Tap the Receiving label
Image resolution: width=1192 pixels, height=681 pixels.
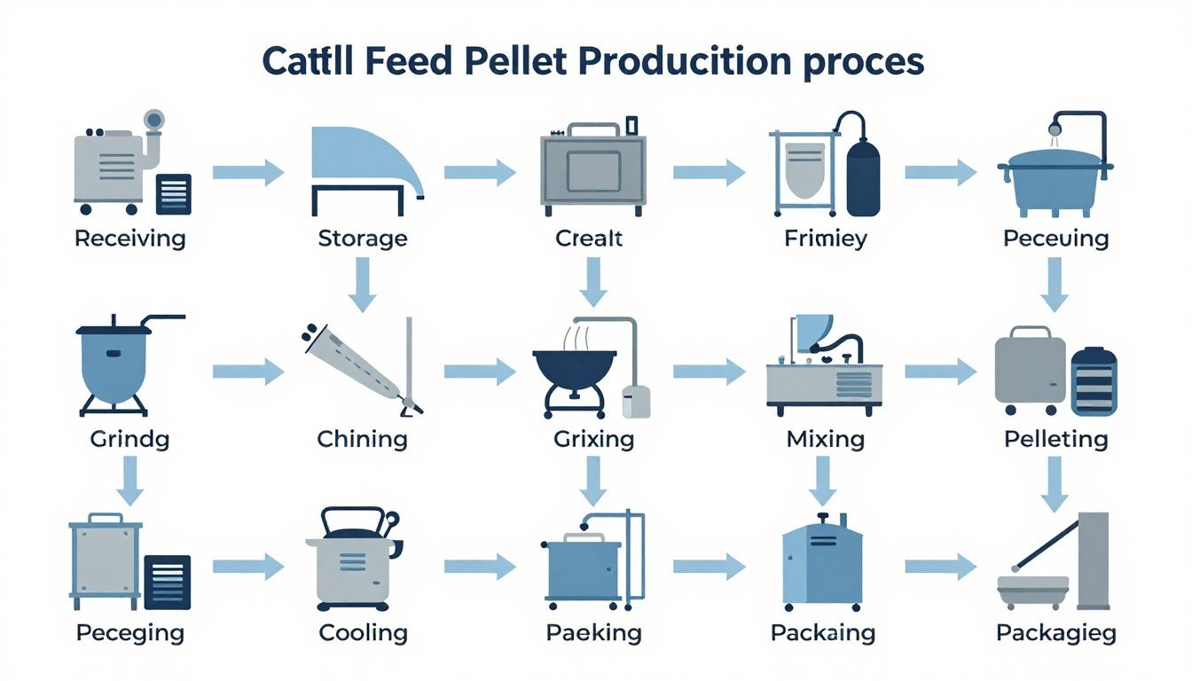click(x=130, y=239)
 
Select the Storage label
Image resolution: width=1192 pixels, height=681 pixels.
click(x=362, y=239)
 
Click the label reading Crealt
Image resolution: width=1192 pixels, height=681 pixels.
click(x=589, y=239)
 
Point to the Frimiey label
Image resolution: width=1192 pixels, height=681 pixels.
click(x=825, y=239)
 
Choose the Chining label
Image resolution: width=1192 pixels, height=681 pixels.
click(x=362, y=439)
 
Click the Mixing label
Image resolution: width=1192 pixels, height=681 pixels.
click(x=825, y=439)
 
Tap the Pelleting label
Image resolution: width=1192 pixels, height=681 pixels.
click(x=1055, y=439)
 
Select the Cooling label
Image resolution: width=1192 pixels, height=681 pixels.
click(x=362, y=633)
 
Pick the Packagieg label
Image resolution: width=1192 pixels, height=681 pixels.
click(x=1055, y=633)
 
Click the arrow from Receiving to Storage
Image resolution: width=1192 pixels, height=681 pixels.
click(x=247, y=172)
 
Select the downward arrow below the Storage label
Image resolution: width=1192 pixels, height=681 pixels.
click(x=361, y=286)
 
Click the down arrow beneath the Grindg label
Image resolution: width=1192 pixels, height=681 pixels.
click(x=129, y=481)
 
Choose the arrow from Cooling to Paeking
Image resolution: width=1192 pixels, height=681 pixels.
click(x=479, y=566)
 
